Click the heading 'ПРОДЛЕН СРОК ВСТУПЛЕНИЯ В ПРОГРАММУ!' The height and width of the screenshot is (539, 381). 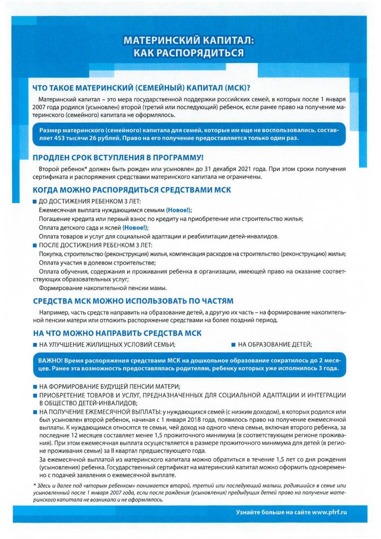pyautogui.click(x=118, y=158)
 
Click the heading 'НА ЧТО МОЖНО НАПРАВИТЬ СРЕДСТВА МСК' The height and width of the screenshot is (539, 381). pyautogui.click(x=117, y=333)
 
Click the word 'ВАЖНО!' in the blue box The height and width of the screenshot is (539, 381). pyautogui.click(x=50, y=360)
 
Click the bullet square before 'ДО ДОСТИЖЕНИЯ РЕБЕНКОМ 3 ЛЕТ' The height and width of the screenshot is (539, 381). pyautogui.click(x=34, y=202)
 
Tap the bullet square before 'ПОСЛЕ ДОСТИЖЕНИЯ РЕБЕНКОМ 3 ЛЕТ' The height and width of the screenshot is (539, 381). pyautogui.click(x=34, y=245)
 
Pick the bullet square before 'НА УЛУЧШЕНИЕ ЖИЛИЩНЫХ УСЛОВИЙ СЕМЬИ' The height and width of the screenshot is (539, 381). pyautogui.click(x=34, y=344)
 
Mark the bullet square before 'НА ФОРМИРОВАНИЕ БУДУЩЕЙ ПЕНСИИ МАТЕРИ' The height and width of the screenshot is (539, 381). pyautogui.click(x=34, y=387)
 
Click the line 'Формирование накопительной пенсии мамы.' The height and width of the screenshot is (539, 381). pyautogui.click(x=103, y=288)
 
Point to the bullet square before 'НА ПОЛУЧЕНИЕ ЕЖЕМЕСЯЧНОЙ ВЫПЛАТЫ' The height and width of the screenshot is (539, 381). pyautogui.click(x=34, y=412)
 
